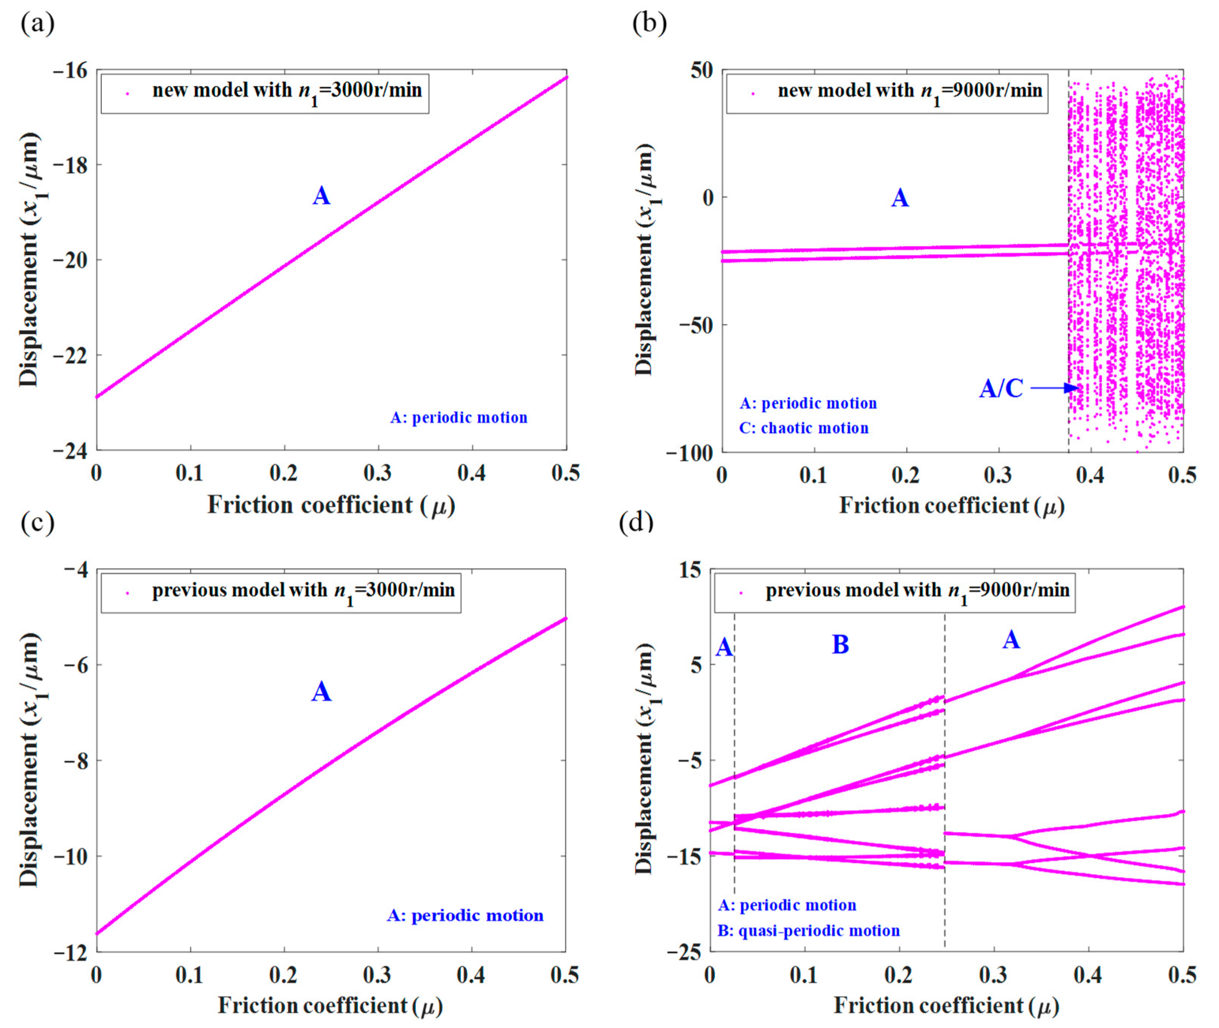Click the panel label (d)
[636, 522]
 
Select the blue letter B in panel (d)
[840, 644]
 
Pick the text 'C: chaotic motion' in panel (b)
[804, 428]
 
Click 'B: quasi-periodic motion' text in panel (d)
[809, 931]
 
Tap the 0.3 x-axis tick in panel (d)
[994, 975]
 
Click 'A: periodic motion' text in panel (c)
[465, 916]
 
